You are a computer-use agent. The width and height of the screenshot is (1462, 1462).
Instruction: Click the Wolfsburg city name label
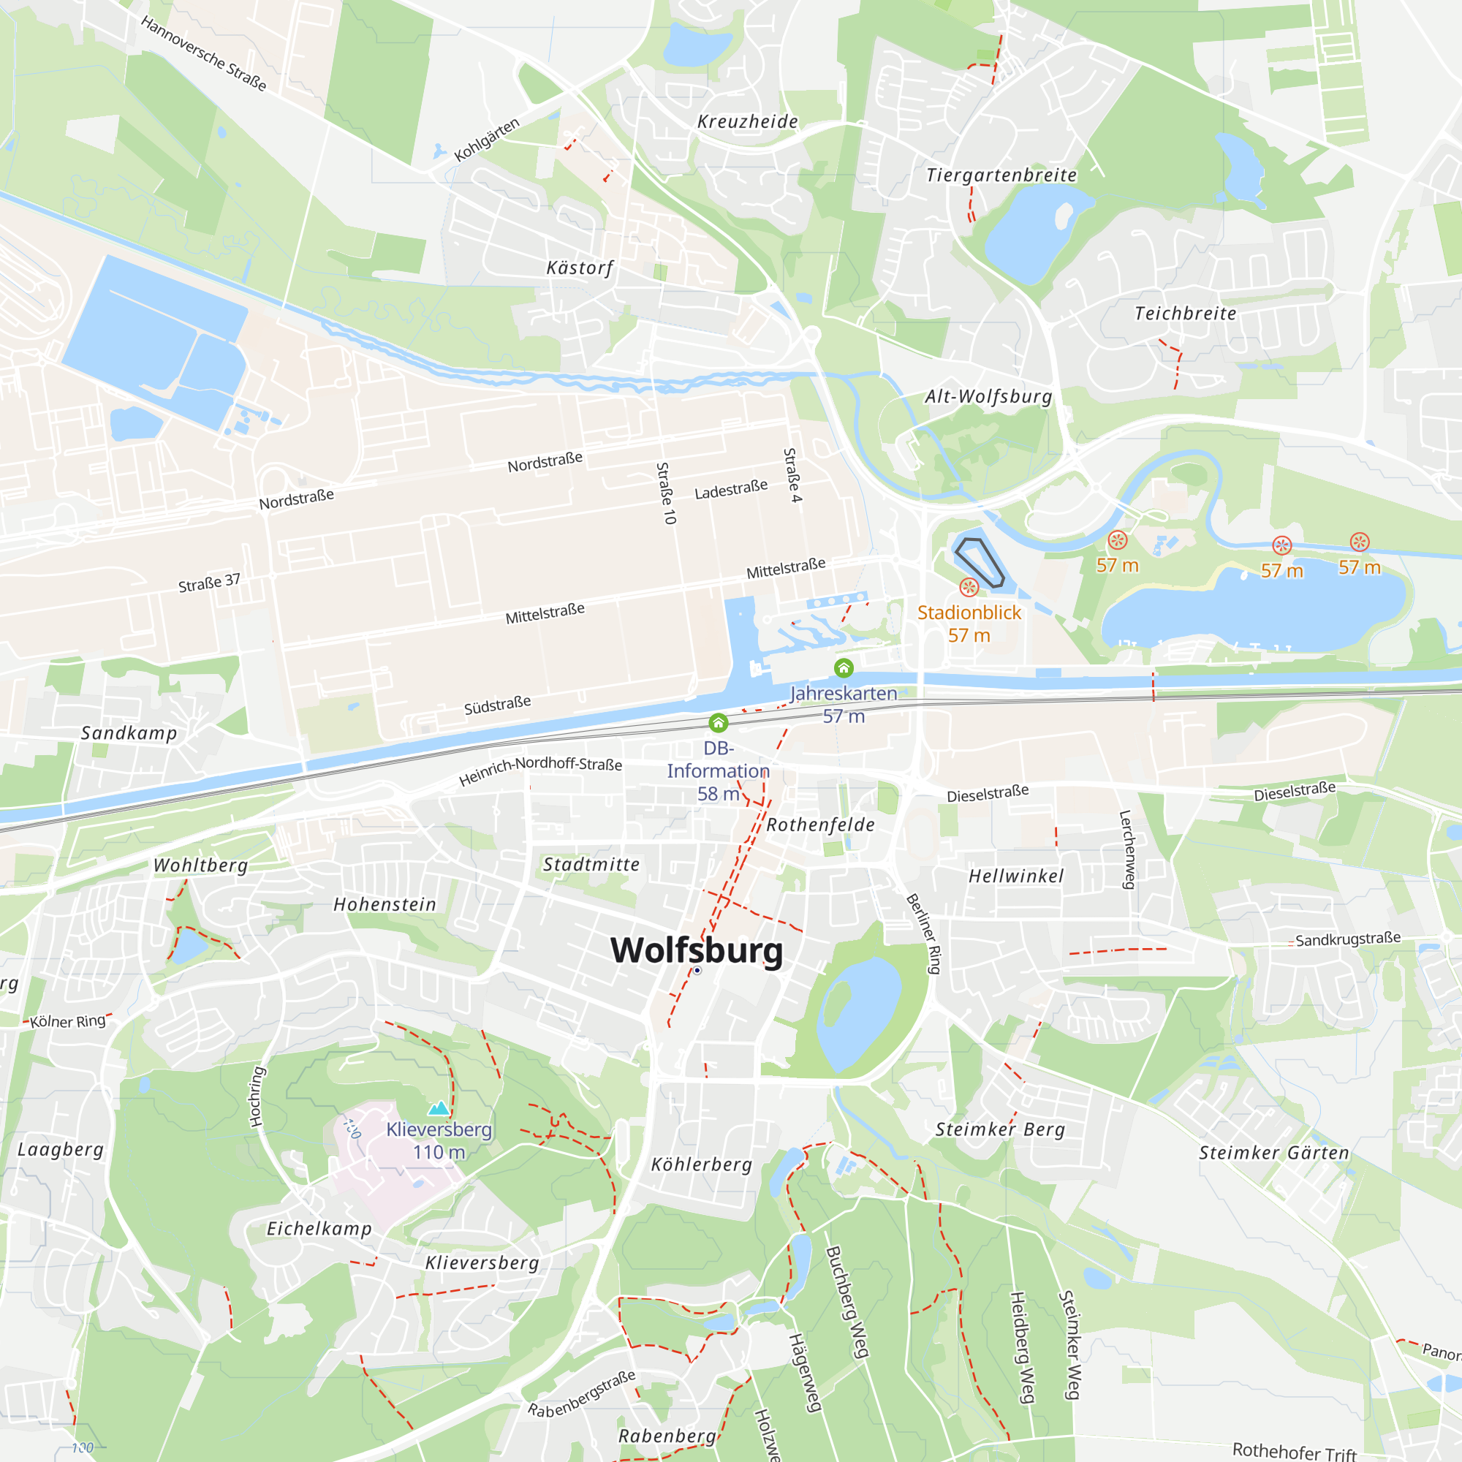tap(696, 950)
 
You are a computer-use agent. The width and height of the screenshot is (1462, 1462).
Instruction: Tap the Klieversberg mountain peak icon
tap(439, 1109)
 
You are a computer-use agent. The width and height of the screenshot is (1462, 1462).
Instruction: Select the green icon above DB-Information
tap(718, 723)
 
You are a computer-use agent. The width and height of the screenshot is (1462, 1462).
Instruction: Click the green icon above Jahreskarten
tap(844, 667)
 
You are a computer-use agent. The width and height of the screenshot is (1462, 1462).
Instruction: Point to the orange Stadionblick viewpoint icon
tap(969, 587)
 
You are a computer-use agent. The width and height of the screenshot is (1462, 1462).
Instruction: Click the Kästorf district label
tap(580, 268)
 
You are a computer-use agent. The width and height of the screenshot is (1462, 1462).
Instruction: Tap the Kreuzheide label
tap(748, 122)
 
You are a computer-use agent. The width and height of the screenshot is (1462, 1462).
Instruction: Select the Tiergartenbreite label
tap(1001, 175)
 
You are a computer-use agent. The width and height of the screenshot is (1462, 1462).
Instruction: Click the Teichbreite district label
tap(1185, 314)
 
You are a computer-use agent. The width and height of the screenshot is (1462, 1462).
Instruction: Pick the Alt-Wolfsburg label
tap(988, 396)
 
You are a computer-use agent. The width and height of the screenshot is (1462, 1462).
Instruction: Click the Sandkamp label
tap(129, 732)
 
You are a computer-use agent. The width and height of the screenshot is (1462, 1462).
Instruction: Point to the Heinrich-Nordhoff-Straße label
tap(540, 770)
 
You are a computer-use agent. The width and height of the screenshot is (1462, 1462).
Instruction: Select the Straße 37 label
tap(209, 583)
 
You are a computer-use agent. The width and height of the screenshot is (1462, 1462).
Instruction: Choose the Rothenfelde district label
tap(820, 825)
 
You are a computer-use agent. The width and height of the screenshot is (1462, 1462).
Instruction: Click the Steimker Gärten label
tap(1273, 1153)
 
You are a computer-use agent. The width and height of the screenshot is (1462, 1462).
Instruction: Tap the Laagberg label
tap(61, 1149)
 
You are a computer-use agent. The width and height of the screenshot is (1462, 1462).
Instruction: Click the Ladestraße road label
tap(731, 489)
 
